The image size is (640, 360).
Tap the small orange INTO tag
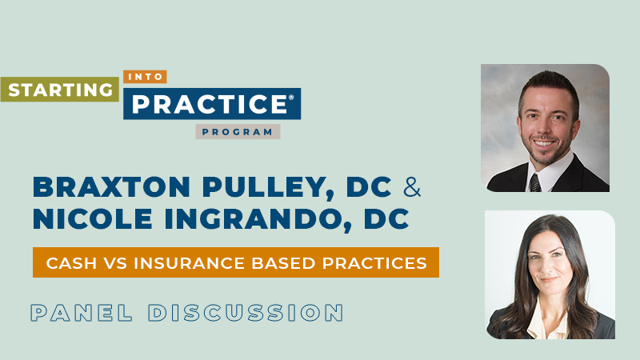point(145,78)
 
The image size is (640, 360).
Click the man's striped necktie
point(535,181)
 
